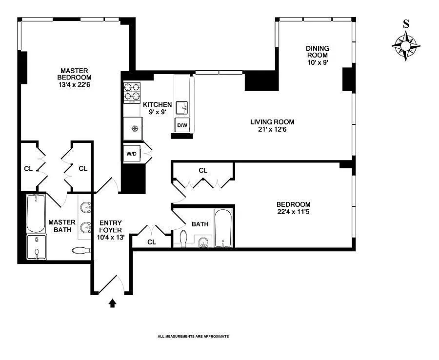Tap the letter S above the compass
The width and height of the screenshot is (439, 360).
coord(406,24)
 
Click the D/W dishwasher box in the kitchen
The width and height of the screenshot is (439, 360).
coord(182,125)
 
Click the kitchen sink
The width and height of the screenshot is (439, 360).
coord(182,107)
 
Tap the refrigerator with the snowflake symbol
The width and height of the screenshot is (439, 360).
coord(133,129)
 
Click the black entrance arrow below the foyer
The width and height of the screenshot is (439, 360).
coord(112,303)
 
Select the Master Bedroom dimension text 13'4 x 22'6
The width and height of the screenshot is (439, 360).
coord(74,84)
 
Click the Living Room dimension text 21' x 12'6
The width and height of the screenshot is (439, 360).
coord(272,129)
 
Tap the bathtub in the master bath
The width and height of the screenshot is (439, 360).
coord(36,214)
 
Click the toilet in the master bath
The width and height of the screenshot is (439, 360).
coord(81,251)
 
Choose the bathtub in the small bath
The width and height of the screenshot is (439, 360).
coord(223,228)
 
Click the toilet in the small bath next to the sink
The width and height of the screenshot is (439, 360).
coord(183,239)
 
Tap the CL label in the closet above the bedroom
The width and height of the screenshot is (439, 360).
coord(203,171)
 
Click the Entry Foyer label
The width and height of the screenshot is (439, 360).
coord(110,226)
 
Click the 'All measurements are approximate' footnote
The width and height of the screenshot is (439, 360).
coord(193,337)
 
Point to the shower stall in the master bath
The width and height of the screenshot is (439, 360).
coord(36,247)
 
